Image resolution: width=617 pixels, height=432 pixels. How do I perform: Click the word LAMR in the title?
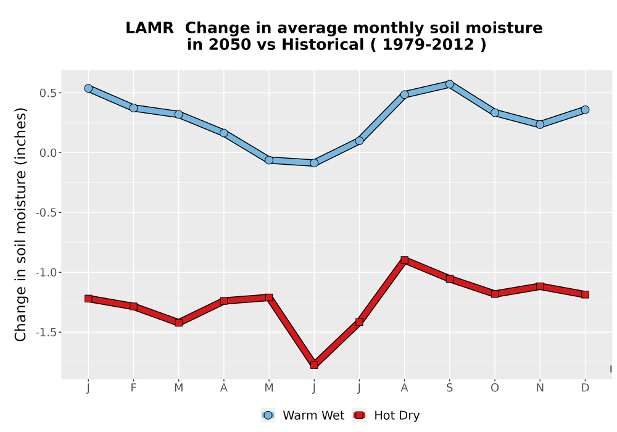pyautogui.click(x=149, y=28)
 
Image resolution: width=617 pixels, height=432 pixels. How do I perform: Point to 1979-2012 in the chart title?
pyautogui.click(x=428, y=45)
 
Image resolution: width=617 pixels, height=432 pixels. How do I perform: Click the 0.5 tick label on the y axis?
pyautogui.click(x=48, y=93)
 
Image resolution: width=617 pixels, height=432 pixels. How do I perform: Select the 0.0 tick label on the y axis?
pyautogui.click(x=48, y=153)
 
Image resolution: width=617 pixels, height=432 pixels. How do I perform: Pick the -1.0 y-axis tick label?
pyautogui.click(x=46, y=273)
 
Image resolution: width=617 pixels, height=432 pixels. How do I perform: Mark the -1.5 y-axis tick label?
pyautogui.click(x=46, y=333)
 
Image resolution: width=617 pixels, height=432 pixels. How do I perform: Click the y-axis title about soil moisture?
pyautogui.click(x=20, y=225)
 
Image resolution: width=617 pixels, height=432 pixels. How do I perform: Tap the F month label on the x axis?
pyautogui.click(x=133, y=388)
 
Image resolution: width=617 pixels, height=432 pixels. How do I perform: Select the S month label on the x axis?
pyautogui.click(x=449, y=388)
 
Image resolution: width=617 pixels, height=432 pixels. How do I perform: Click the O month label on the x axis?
pyautogui.click(x=495, y=388)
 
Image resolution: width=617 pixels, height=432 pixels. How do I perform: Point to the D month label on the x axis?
pyautogui.click(x=585, y=388)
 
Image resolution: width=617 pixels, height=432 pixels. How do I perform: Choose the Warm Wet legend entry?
pyautogui.click(x=302, y=415)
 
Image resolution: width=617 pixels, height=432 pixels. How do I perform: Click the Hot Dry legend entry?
pyautogui.click(x=386, y=415)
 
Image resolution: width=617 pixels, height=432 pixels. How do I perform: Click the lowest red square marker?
pyautogui.click(x=314, y=365)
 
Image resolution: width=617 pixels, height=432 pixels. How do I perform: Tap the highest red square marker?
pyautogui.click(x=405, y=260)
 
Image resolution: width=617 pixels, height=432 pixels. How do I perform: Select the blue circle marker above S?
pyautogui.click(x=450, y=84)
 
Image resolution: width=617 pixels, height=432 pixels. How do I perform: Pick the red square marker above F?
pyautogui.click(x=133, y=306)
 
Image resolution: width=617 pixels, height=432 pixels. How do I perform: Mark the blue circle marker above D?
pyautogui.click(x=585, y=110)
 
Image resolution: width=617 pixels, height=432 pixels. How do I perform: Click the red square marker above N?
pyautogui.click(x=540, y=286)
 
